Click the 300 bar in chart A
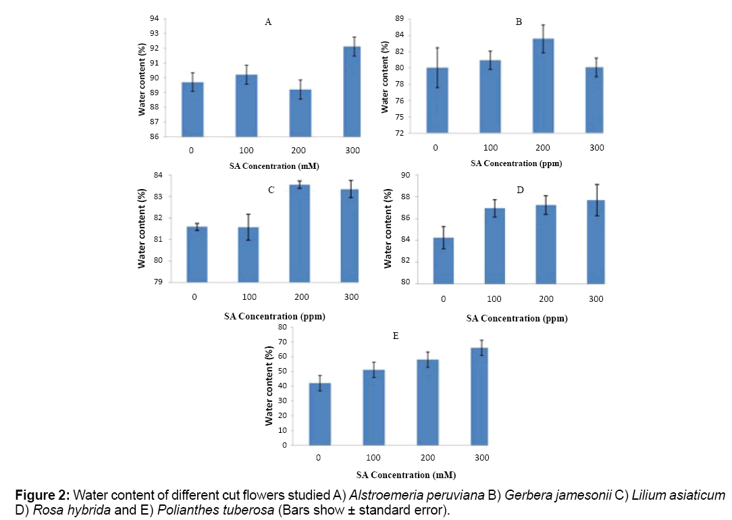[x=352, y=92]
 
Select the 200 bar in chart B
[x=543, y=86]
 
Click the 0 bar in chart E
[x=320, y=414]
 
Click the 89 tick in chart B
[x=400, y=19]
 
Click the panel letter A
[x=268, y=22]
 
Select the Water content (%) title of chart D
[x=388, y=228]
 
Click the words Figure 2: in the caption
[x=43, y=495]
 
